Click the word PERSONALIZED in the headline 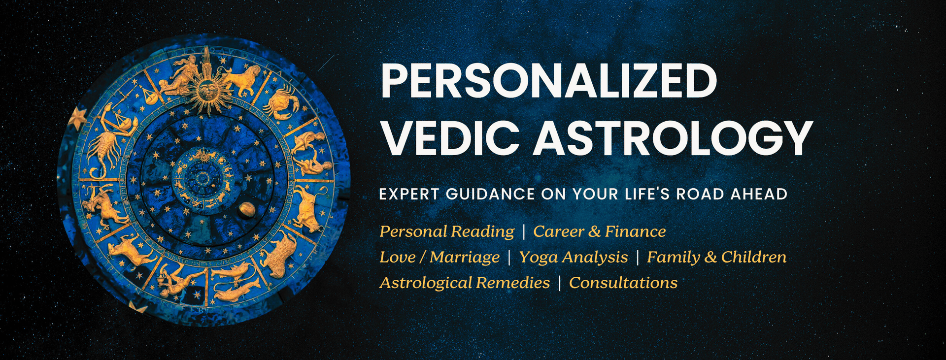[x=548, y=81]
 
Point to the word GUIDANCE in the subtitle [x=490, y=194]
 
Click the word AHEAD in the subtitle [x=759, y=194]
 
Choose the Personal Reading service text [x=446, y=231]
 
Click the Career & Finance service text [x=599, y=231]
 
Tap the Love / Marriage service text [x=439, y=257]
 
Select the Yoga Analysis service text [x=574, y=257]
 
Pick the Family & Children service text [x=716, y=257]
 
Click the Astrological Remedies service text [x=465, y=283]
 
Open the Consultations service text [x=623, y=283]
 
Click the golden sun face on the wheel [x=207, y=90]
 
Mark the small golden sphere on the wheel [x=247, y=210]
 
